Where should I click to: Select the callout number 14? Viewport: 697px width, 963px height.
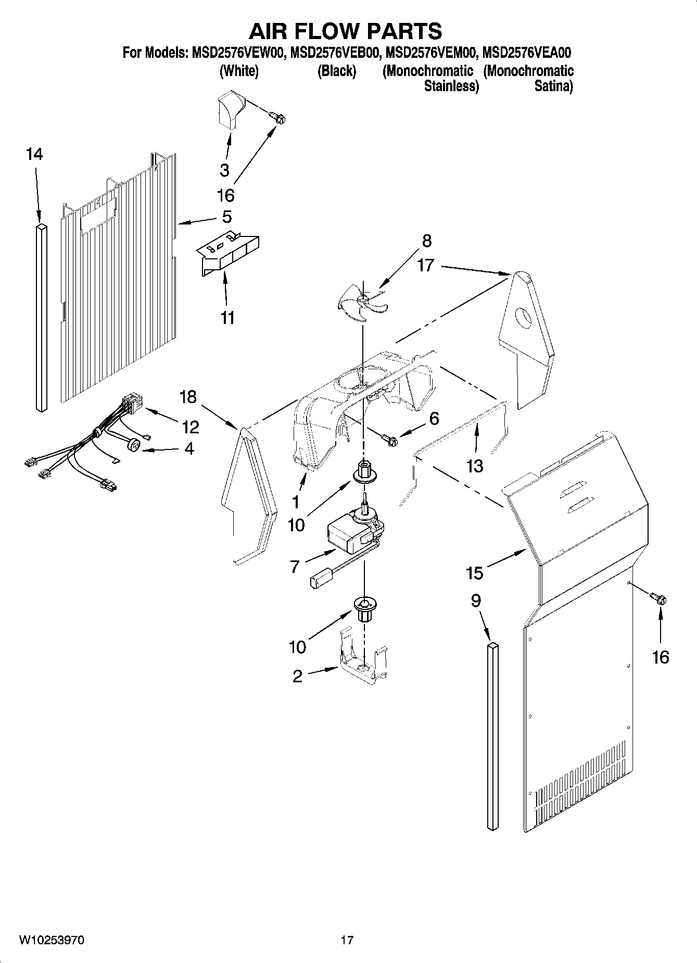tap(34, 154)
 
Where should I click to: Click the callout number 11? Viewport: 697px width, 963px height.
tap(227, 317)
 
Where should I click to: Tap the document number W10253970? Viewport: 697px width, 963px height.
tap(52, 940)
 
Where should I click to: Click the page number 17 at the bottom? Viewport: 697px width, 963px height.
tap(347, 940)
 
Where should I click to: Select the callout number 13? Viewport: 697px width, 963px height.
tap(475, 466)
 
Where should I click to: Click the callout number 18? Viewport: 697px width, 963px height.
tap(188, 397)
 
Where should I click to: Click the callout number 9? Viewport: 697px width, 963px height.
tap(476, 601)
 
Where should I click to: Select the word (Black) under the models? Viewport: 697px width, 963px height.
tap(337, 71)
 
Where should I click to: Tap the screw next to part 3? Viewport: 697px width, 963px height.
tap(279, 118)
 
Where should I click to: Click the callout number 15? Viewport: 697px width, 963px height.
tap(475, 573)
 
